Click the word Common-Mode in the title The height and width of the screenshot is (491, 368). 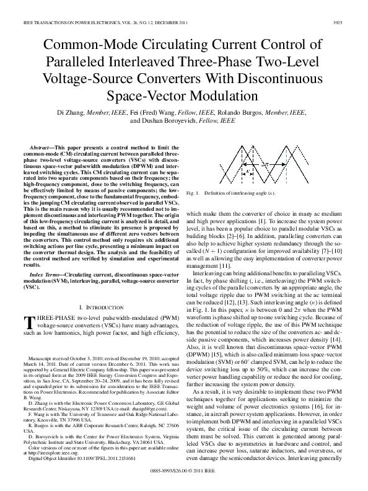81,46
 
